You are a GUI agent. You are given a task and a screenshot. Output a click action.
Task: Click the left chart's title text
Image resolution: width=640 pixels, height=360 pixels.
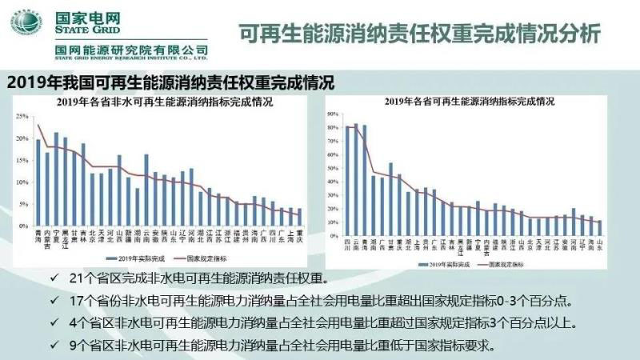coord(164,102)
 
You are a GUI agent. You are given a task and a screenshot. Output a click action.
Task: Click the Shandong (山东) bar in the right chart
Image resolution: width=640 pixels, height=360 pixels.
coord(600,226)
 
